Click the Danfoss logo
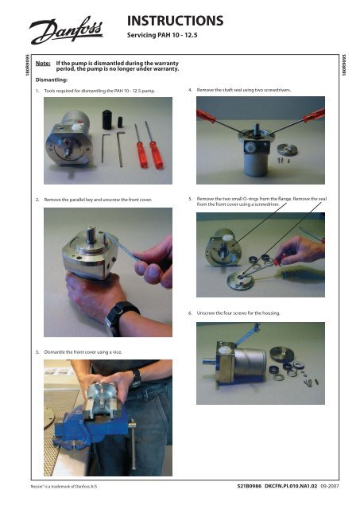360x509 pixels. point(66,33)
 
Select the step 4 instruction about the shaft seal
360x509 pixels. point(243,91)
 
